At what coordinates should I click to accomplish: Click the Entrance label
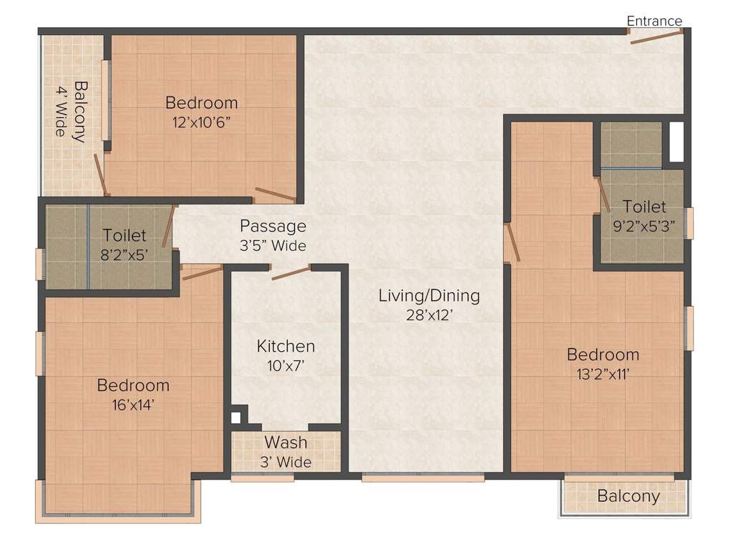[x=654, y=21]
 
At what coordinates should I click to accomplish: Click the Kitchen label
[x=286, y=347]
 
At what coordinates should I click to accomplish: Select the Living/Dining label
[x=429, y=295]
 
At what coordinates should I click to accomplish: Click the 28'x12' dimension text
[x=429, y=315]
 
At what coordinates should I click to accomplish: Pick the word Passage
[x=273, y=227]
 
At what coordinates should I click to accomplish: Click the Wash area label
[x=286, y=442]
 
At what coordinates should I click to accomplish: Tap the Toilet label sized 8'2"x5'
[x=125, y=235]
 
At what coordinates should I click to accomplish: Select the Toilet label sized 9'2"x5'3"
[x=644, y=207]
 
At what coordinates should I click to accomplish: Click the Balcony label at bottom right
[x=628, y=496]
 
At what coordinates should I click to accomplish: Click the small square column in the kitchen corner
[x=236, y=418]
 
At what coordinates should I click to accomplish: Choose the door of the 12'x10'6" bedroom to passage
[x=275, y=194]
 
